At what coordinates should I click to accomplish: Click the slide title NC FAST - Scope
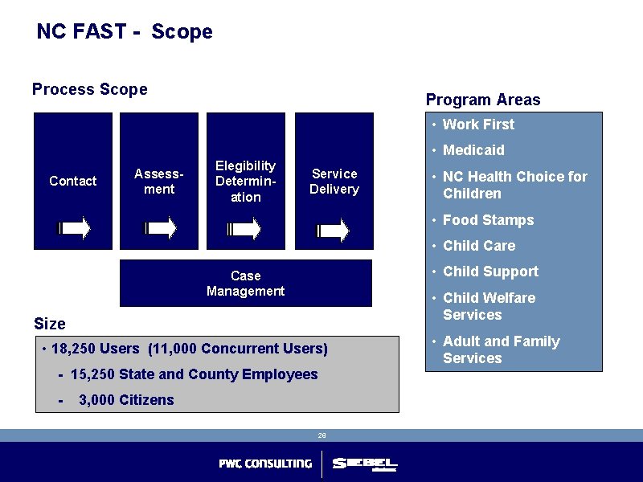click(x=125, y=32)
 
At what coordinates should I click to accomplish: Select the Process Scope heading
click(x=89, y=89)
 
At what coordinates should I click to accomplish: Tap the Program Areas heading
click(x=483, y=100)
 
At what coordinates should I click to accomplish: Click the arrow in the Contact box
click(x=74, y=229)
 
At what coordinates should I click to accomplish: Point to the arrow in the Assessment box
click(x=160, y=229)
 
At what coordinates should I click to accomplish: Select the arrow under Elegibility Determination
click(x=245, y=229)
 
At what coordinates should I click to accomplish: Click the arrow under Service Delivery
click(x=334, y=231)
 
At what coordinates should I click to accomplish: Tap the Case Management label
click(x=245, y=283)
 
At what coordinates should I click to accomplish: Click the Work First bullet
click(x=478, y=125)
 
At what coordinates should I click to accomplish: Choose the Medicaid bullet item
click(x=473, y=150)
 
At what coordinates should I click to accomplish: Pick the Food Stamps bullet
click(x=488, y=220)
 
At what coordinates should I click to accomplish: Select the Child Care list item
click(x=479, y=246)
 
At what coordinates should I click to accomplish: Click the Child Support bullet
click(x=490, y=272)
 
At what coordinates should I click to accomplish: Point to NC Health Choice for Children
click(x=514, y=185)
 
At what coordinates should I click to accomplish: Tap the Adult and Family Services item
click(x=501, y=349)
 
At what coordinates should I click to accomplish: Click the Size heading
click(x=50, y=324)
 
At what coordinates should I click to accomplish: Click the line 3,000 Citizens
click(x=125, y=400)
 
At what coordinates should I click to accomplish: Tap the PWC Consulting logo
click(x=265, y=464)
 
